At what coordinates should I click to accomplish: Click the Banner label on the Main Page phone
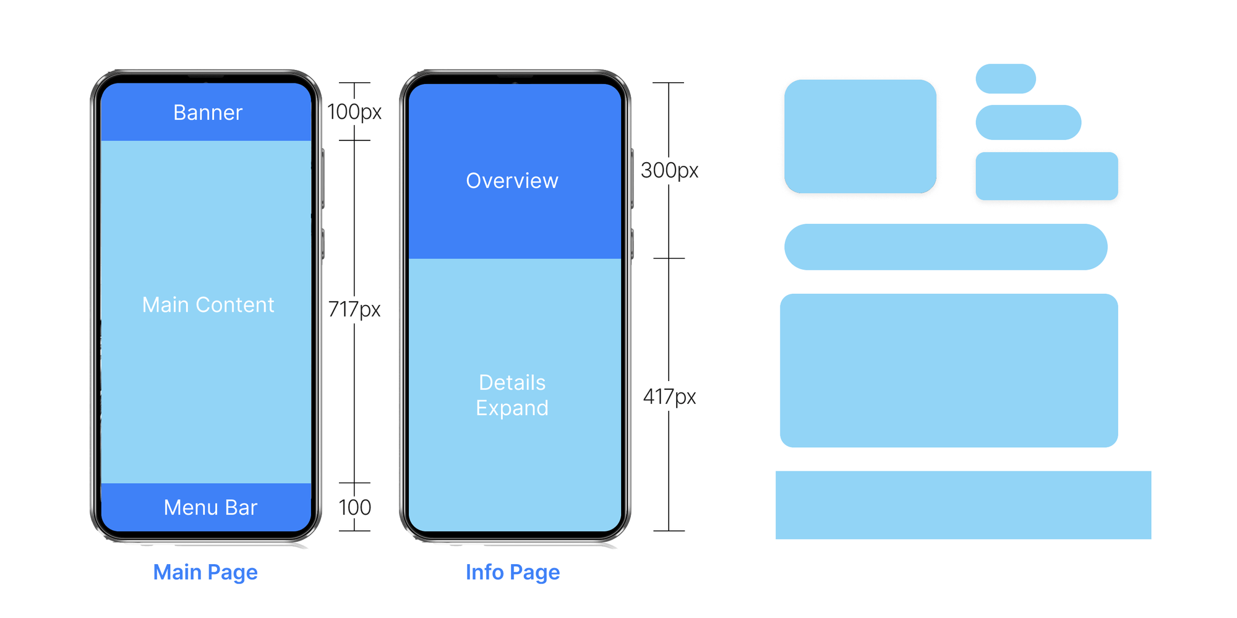point(208,113)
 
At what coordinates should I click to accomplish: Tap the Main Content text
point(208,305)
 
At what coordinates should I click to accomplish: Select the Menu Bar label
point(210,507)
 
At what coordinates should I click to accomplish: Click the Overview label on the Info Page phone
point(512,181)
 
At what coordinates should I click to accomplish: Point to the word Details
point(512,382)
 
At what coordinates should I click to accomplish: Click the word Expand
point(512,408)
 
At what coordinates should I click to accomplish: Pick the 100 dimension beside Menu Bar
point(354,507)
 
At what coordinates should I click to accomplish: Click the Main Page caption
point(205,572)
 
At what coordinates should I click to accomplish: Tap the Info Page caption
point(513,572)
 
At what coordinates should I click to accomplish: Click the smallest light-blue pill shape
point(1006,79)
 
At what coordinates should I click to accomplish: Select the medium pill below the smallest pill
point(1028,122)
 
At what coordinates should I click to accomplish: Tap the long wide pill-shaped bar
point(946,247)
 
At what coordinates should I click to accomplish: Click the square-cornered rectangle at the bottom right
point(963,505)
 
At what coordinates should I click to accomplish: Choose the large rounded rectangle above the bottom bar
point(949,371)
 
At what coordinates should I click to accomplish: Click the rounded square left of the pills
point(860,136)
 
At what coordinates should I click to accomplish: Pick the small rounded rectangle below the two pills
point(1047,176)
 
